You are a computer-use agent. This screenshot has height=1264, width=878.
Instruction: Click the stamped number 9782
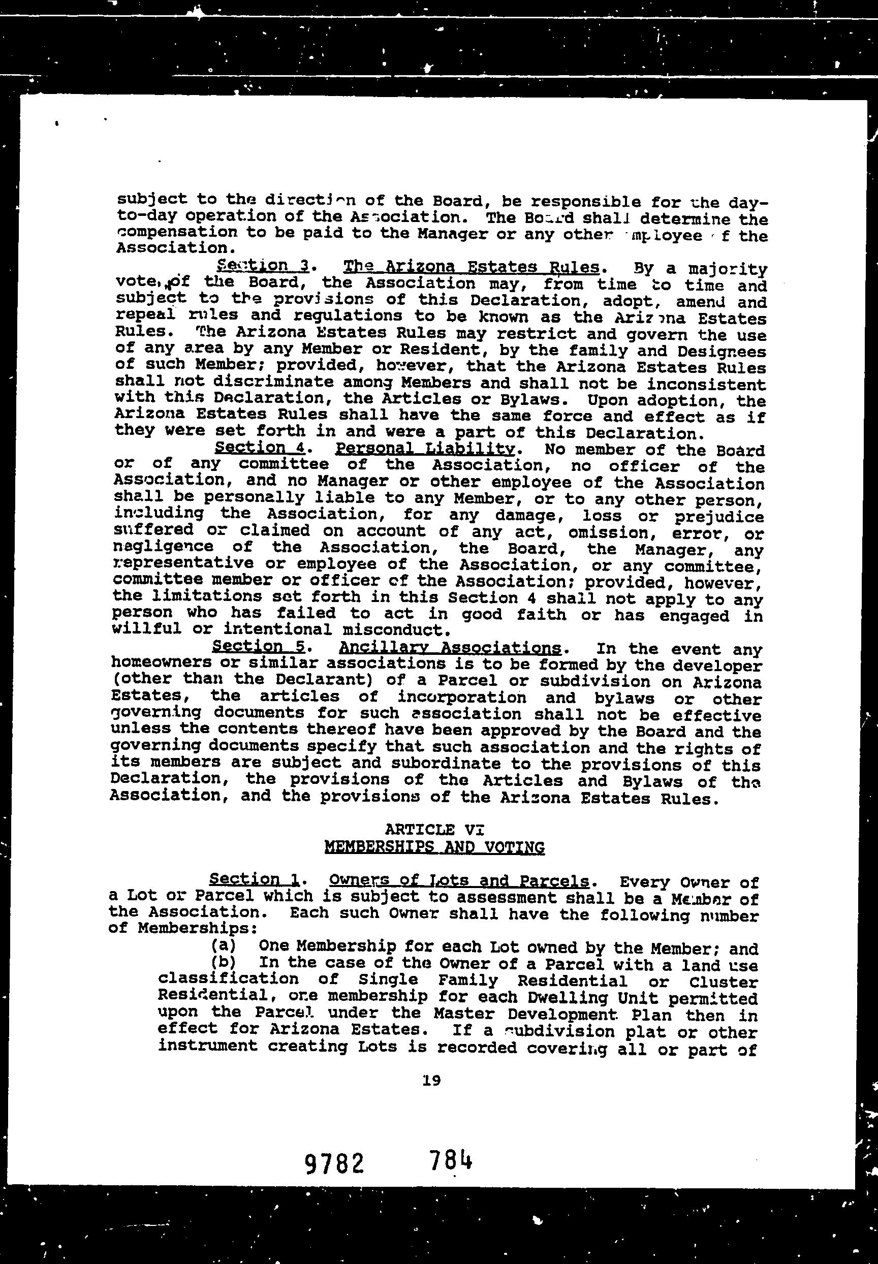tap(334, 1163)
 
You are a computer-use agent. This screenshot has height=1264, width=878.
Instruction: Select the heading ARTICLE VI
tap(434, 830)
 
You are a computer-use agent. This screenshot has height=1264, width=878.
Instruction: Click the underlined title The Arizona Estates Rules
tap(471, 267)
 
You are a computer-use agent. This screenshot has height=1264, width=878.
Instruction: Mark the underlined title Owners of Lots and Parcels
tap(459, 880)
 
